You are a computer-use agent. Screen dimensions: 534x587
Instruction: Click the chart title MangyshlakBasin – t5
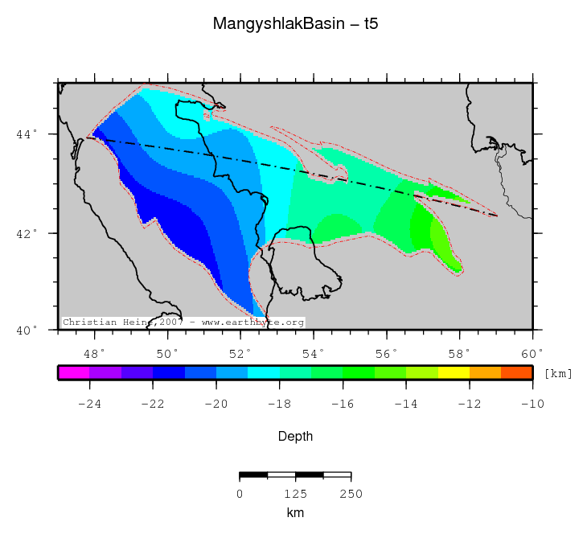295,24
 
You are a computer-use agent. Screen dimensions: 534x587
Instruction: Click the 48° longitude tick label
95,353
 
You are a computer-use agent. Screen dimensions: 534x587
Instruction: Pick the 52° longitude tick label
241,353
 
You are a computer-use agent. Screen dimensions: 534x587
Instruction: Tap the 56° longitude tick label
387,353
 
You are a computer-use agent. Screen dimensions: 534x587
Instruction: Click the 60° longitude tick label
532,353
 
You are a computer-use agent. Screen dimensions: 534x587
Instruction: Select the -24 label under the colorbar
88,404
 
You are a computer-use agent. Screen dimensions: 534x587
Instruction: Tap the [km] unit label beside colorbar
559,374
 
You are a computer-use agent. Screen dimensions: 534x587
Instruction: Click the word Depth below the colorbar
295,437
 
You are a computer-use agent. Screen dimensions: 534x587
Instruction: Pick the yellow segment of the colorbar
454,372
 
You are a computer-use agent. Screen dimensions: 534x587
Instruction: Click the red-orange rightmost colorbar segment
516,372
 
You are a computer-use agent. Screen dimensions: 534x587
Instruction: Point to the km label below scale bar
295,511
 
